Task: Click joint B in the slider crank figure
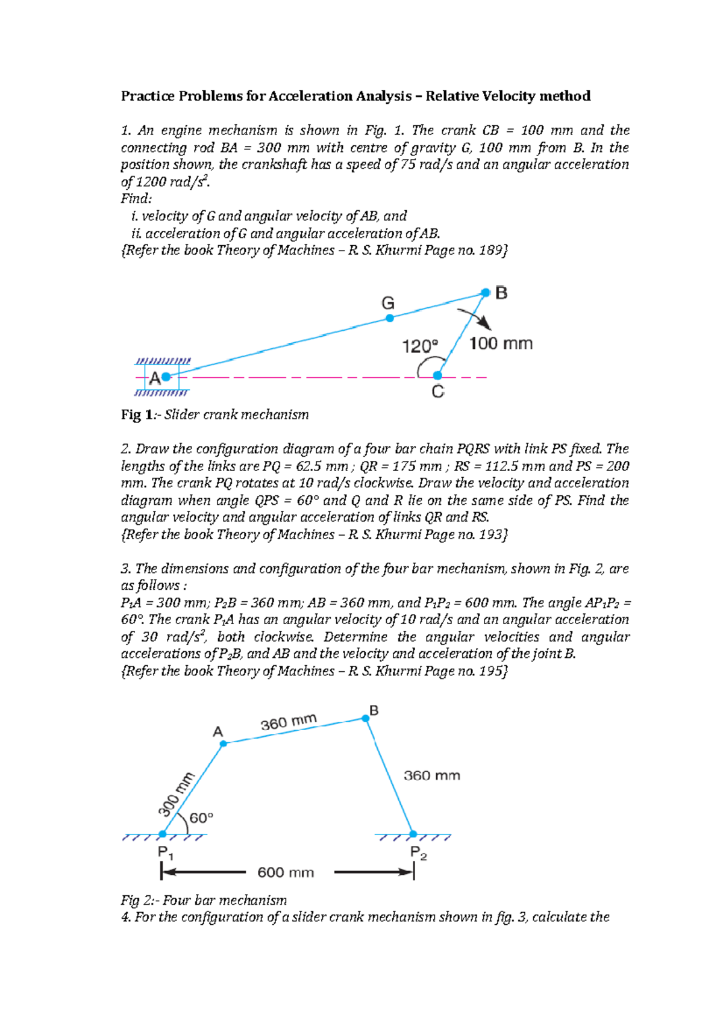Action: pos(486,293)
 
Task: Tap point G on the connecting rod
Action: pos(390,318)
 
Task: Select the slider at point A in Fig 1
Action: pos(166,377)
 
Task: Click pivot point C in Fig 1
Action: pos(438,376)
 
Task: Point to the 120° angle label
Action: pos(420,346)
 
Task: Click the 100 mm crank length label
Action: pos(501,344)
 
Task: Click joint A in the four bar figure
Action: pos(223,743)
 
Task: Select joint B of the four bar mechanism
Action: pos(366,718)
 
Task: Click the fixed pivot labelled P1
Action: pos(163,834)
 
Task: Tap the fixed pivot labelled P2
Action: pos(413,834)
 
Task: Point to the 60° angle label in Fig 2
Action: pos(202,818)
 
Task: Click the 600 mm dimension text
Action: pos(286,872)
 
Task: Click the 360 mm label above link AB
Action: pos(289,722)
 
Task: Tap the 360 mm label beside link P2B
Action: pos(431,775)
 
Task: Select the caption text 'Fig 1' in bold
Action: pos(131,415)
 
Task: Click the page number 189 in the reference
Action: pos(491,250)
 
